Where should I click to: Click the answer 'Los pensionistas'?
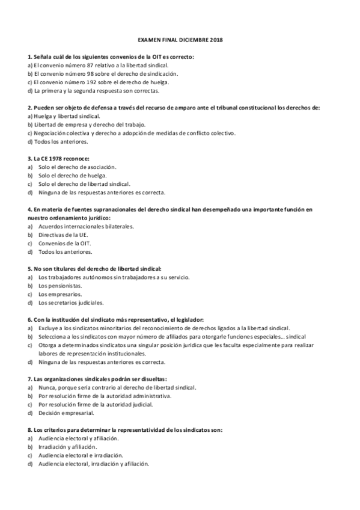pos(59,286)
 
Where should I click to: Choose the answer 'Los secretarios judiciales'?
pos(71,303)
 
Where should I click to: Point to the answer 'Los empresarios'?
pos(60,294)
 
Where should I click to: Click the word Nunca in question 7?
pos(47,388)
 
